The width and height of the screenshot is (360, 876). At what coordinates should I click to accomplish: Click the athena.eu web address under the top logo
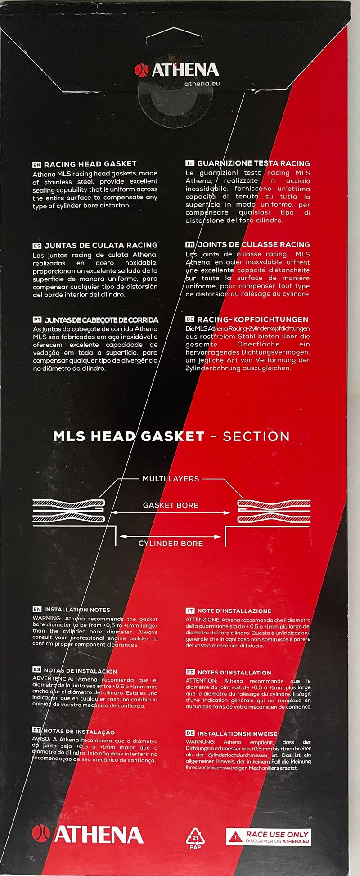point(202,84)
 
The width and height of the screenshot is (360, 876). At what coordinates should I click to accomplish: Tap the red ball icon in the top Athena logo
point(142,70)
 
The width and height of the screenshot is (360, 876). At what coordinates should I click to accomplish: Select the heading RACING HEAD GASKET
point(90,164)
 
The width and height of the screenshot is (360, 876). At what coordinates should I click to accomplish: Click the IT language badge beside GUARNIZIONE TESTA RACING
point(190,163)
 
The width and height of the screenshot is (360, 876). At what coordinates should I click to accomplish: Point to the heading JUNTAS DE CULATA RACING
point(101,245)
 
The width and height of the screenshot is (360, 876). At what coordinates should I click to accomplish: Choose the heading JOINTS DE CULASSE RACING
point(254,245)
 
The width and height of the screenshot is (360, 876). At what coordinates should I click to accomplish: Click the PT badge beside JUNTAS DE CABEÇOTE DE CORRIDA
point(37,320)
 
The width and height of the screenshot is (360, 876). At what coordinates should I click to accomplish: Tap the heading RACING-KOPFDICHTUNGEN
point(252,319)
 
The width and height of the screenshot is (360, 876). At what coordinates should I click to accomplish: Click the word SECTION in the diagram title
point(256,436)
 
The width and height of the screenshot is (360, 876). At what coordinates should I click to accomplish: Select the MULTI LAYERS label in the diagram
point(171,479)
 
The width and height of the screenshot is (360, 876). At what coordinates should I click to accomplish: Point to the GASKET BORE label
point(171,505)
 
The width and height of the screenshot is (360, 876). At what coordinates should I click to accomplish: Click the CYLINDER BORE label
point(171,544)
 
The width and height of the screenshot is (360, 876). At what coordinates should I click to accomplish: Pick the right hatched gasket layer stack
point(274,511)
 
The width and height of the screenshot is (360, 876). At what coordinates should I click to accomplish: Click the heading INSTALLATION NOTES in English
point(77,610)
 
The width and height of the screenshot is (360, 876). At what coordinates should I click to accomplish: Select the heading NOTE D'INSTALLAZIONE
point(234,611)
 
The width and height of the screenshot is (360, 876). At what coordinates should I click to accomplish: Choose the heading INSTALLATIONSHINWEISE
point(237,734)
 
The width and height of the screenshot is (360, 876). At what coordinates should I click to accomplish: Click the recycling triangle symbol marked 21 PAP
point(195,836)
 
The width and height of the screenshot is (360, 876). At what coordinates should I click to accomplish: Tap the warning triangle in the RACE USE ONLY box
point(235,837)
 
